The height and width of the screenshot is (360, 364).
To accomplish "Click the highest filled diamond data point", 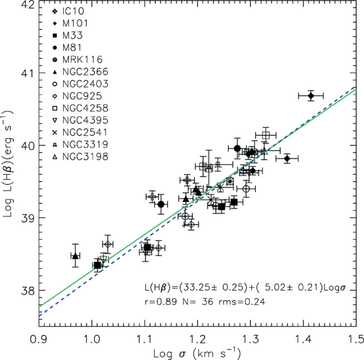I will [x=311, y=96].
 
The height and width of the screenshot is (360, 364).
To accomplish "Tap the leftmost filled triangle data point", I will [x=75, y=256].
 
